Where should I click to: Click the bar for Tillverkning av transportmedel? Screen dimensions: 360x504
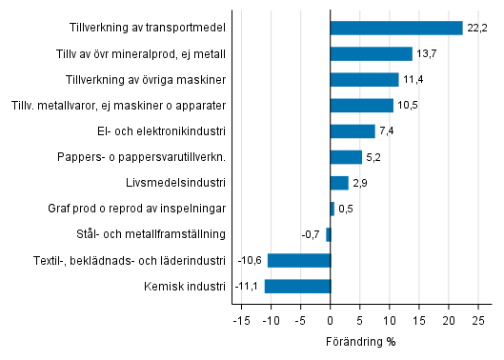(x=396, y=28)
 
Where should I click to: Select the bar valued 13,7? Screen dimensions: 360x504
(x=371, y=53)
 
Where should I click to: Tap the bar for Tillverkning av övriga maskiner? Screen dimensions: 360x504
(x=364, y=79)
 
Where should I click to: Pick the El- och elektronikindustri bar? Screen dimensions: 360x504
(x=353, y=130)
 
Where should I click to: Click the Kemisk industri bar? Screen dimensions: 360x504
(x=297, y=286)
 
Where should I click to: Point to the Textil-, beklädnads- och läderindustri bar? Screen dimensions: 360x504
(x=299, y=260)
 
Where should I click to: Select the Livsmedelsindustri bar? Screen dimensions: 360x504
(x=339, y=183)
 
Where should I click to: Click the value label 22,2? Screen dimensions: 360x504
(x=477, y=29)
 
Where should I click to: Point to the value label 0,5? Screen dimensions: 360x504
(x=346, y=209)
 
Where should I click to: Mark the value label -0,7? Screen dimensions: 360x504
(x=310, y=234)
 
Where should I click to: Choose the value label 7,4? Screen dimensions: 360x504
(x=387, y=131)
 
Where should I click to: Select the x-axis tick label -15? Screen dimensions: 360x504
(x=241, y=320)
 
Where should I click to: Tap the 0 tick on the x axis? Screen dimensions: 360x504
(x=331, y=320)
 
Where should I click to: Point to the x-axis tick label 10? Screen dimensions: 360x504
(x=390, y=320)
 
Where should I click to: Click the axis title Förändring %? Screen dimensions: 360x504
(x=359, y=341)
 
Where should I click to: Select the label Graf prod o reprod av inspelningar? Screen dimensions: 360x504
(x=136, y=209)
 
